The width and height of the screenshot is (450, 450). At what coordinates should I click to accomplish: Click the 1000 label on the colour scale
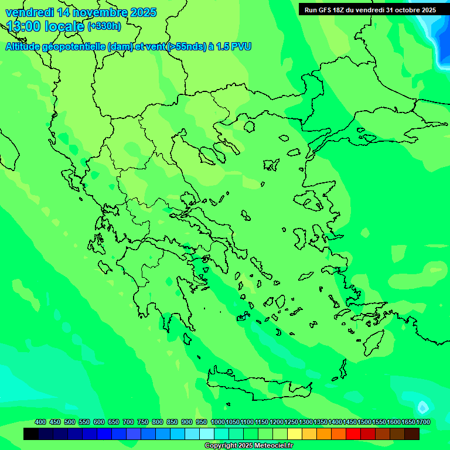(x=218, y=422)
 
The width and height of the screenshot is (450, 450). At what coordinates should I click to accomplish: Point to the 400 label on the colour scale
(x=40, y=422)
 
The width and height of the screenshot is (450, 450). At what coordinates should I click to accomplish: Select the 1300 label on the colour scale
(x=306, y=422)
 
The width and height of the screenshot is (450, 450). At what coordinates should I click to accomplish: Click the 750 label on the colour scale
(x=143, y=422)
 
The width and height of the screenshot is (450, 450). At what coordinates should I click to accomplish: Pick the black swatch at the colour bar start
(x=31, y=434)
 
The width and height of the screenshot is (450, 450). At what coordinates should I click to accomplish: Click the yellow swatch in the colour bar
(x=295, y=434)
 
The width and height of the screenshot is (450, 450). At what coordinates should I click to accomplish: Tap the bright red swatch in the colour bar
(x=353, y=434)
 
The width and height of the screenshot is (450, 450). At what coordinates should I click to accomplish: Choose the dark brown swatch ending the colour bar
(x=412, y=434)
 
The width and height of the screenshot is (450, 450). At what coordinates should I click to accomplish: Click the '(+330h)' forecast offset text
(x=104, y=26)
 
